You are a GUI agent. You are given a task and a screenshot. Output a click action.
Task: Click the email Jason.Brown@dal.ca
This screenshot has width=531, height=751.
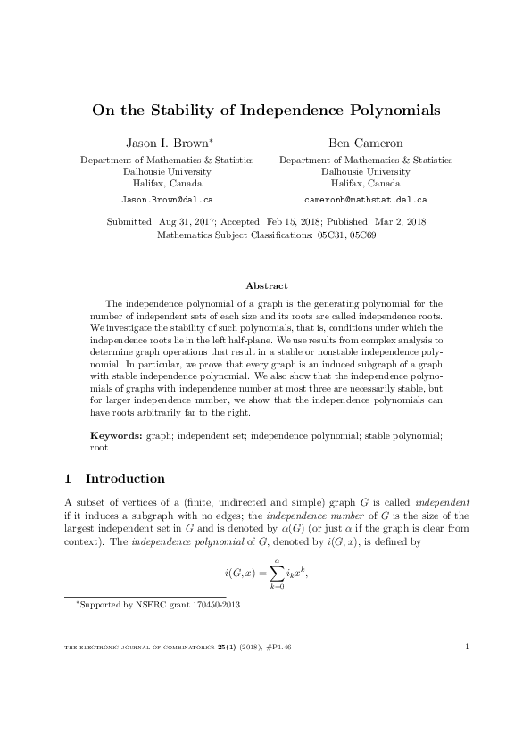click(166, 201)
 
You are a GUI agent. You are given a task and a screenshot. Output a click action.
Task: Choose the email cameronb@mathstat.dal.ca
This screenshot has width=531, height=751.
click(360, 201)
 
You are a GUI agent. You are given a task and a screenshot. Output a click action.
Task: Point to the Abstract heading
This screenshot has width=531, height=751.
click(266, 285)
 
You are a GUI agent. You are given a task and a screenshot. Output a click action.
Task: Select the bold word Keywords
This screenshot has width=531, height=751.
click(115, 434)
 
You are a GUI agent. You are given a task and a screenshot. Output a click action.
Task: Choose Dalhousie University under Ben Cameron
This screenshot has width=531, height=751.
click(366, 171)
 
